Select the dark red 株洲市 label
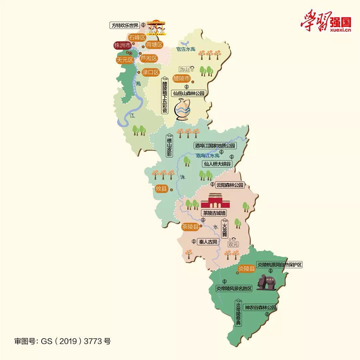122,46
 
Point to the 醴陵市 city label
182,79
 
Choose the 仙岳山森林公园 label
188,94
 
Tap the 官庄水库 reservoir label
185,49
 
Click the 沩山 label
184,69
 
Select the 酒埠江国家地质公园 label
215,146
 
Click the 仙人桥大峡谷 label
217,164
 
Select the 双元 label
233,244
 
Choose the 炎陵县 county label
247,269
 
